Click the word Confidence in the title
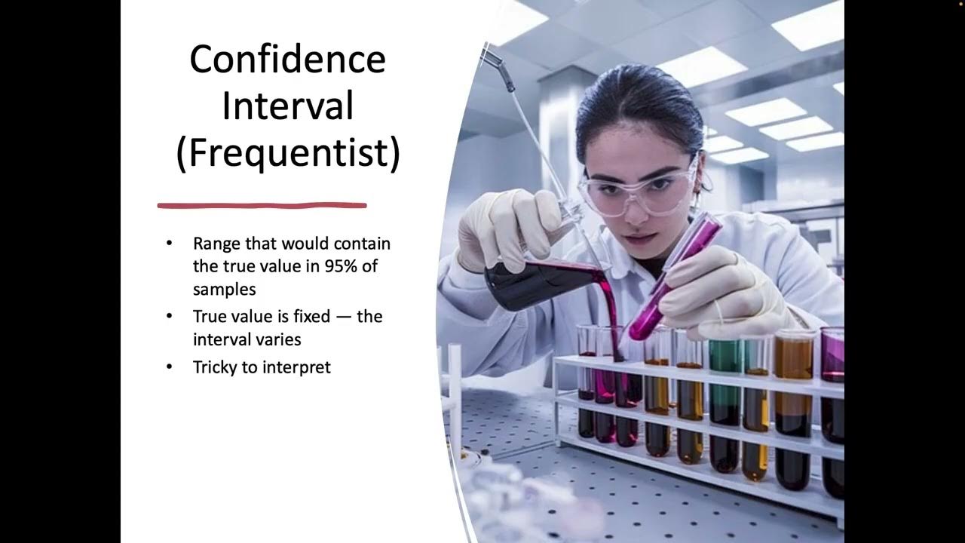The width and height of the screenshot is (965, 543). (x=287, y=60)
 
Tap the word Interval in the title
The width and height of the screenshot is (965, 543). (x=287, y=106)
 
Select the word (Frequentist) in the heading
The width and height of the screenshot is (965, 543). (x=287, y=152)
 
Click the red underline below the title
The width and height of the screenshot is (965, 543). (x=262, y=204)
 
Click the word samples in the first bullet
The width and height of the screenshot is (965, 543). (x=224, y=289)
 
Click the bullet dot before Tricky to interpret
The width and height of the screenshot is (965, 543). (x=169, y=367)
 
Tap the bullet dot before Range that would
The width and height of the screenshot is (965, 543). (x=169, y=244)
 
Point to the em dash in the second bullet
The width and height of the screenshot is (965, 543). (x=343, y=316)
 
